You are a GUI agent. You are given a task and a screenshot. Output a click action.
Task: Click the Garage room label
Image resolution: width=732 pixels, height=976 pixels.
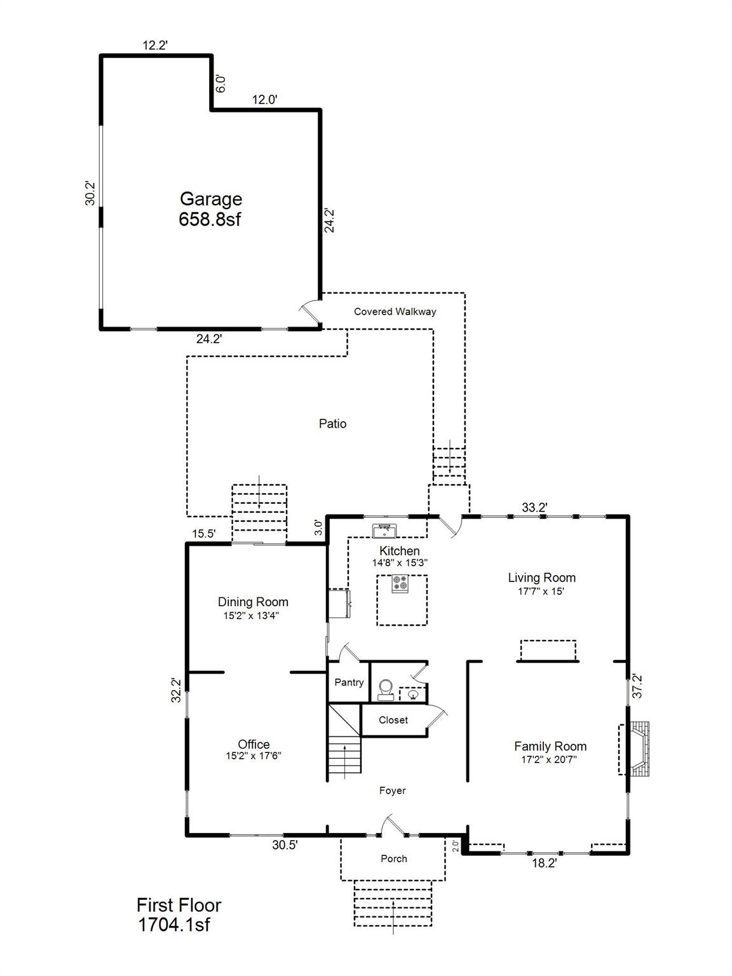pos(210,200)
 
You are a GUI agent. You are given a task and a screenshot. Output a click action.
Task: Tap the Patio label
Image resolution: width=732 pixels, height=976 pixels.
pos(332,424)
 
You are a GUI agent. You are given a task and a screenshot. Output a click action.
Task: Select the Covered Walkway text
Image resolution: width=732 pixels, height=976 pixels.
pos(395,311)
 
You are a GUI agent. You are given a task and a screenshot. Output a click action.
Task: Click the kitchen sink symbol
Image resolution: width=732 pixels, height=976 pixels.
pos(384,530)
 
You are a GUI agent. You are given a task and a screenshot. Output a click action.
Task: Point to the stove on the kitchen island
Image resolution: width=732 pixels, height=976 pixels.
pos(400,583)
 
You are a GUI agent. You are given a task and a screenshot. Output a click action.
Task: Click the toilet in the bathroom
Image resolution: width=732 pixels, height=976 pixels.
pos(385,689)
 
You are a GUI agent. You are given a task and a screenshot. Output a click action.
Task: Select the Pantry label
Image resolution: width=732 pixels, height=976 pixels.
pos(349,682)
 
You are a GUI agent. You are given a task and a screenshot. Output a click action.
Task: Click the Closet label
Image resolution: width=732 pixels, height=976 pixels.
pos(393,720)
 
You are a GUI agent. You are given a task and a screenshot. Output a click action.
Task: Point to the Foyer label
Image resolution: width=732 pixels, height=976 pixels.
pos(392,790)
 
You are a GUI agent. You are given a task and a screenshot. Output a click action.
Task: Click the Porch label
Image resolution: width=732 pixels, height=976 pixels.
pos(393,858)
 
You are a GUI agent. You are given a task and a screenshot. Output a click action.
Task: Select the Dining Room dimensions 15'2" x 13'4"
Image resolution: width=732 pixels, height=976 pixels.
pos(253,615)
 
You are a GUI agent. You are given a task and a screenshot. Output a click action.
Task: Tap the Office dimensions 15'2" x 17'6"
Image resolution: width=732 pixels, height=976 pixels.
pos(254,756)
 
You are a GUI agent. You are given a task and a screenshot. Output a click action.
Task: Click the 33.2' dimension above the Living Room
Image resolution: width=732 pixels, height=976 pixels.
pos(534,507)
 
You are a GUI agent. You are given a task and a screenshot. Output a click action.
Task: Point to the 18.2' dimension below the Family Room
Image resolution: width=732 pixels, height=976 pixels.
pos(543,864)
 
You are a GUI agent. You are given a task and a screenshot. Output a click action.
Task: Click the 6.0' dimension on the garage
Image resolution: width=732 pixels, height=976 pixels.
pos(220,84)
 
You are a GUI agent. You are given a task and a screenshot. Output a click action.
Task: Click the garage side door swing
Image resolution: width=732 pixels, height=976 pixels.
pos(309,312)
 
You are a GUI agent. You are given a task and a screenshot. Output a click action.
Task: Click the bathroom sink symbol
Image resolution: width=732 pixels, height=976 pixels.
pos(413,695)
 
